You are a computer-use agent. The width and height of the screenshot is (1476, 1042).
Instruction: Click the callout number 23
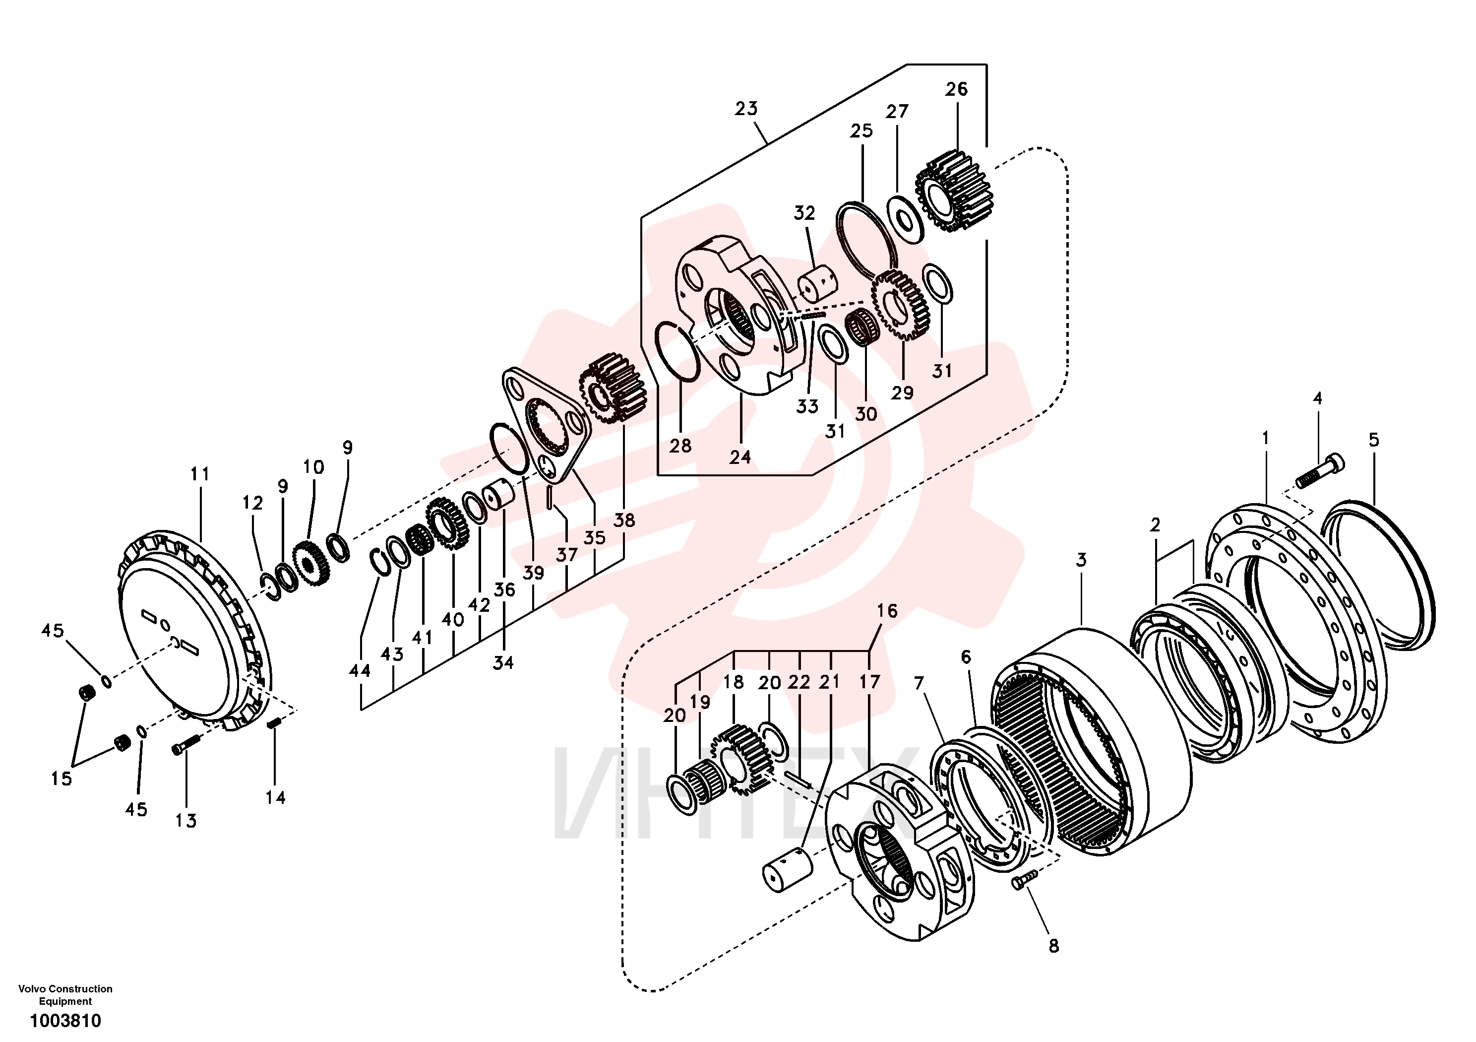click(x=746, y=109)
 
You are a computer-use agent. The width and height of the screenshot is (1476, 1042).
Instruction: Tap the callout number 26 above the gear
click(x=956, y=89)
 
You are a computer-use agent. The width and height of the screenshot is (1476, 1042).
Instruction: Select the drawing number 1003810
click(x=65, y=1021)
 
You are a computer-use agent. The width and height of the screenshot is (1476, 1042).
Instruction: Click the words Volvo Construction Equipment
click(x=65, y=994)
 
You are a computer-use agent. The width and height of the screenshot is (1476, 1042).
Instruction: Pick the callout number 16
click(x=887, y=610)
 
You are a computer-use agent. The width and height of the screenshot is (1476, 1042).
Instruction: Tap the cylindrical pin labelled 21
click(x=788, y=870)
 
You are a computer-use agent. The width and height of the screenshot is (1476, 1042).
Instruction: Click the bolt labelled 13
click(x=186, y=744)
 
